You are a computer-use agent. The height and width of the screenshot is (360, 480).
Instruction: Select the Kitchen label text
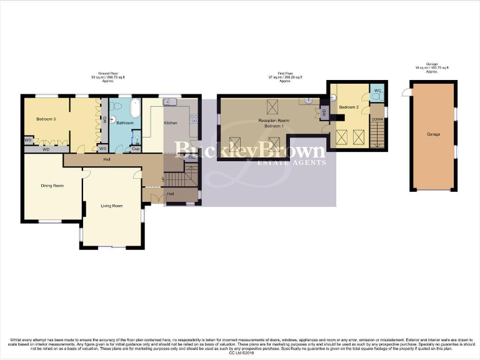(171, 123)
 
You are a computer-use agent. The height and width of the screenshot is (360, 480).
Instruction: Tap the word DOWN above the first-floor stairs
(377, 119)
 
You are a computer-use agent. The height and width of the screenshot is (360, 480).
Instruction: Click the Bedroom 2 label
(348, 107)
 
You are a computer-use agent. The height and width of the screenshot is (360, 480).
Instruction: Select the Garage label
(432, 134)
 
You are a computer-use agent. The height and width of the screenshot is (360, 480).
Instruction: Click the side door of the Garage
(407, 92)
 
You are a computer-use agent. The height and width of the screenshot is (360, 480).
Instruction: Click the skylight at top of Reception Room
(272, 105)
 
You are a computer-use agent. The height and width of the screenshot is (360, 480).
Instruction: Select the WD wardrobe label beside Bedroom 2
(323, 114)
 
